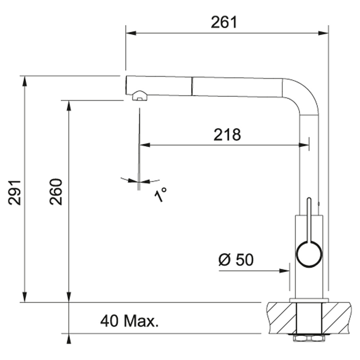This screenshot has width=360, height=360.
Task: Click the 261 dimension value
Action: pos(224,22)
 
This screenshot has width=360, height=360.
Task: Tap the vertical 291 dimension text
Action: pos(14,193)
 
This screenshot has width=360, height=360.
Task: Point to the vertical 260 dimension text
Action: pos(56,192)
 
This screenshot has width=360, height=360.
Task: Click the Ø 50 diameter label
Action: pos(236,260)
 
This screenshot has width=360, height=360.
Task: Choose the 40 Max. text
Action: pos(129,321)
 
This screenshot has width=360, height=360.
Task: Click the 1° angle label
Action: pos(160,194)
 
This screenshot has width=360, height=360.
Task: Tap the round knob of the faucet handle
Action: pos(309,255)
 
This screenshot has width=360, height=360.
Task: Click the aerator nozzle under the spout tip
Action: pos(140,96)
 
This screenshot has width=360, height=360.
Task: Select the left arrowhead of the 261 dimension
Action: pos(131,33)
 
